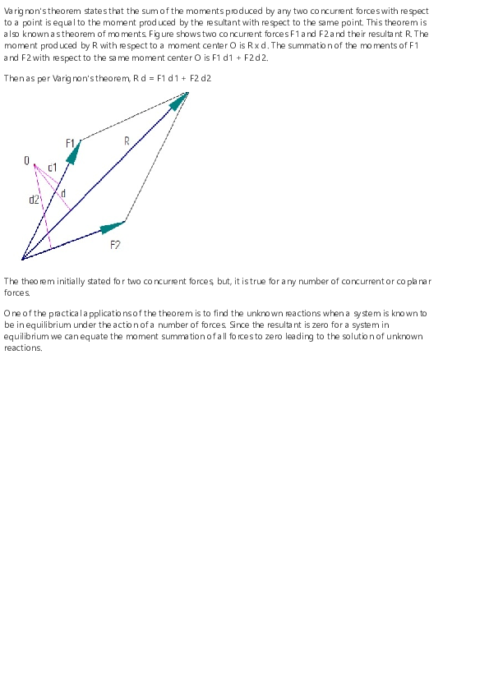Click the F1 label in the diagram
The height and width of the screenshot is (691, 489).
71,143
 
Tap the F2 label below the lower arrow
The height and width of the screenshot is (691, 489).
115,245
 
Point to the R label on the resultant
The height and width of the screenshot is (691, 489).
127,141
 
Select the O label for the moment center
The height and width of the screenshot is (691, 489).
27,161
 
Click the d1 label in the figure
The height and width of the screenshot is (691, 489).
52,168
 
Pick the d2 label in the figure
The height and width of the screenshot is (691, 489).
34,200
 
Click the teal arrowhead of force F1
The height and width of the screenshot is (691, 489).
74,151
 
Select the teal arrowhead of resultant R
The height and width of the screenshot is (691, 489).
178,101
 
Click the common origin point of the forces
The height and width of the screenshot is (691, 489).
22,259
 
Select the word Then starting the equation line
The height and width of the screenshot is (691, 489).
13,79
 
